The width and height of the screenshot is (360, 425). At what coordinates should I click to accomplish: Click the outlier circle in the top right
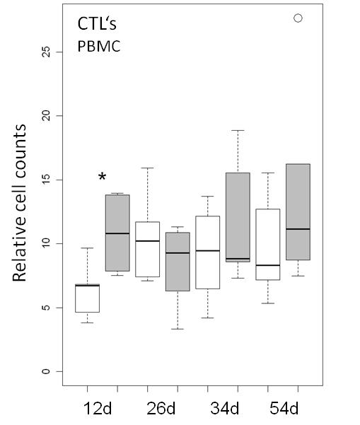(298, 18)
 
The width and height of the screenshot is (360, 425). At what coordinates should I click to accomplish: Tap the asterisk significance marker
(102, 177)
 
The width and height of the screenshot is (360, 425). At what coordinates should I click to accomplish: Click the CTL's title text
(97, 23)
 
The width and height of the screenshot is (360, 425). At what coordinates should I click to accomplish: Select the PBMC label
(99, 47)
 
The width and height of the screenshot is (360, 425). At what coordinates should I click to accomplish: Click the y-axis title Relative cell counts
(20, 203)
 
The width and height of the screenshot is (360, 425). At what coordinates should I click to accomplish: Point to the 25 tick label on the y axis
(47, 52)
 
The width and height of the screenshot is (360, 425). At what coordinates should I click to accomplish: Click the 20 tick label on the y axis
(47, 116)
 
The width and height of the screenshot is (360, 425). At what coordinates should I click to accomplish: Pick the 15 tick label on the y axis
(47, 180)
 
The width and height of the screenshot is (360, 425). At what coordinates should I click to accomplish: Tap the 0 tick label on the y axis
(47, 371)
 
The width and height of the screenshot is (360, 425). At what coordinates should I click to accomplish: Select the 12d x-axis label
(98, 408)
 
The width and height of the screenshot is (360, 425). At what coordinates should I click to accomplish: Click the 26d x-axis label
(161, 408)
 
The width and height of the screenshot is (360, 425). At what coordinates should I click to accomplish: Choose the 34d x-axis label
(224, 408)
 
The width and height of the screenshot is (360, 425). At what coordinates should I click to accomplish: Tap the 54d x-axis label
(284, 408)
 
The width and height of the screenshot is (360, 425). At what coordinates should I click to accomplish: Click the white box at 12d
(87, 298)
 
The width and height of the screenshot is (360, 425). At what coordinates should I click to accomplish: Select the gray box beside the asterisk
(117, 233)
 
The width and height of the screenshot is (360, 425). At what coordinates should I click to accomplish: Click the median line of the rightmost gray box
(298, 229)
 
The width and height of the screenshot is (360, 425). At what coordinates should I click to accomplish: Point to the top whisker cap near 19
(238, 130)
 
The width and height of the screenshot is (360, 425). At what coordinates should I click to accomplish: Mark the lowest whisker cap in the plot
(178, 329)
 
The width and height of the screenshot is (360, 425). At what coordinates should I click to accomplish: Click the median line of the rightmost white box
(268, 265)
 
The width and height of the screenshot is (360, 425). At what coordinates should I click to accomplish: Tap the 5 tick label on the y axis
(47, 308)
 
